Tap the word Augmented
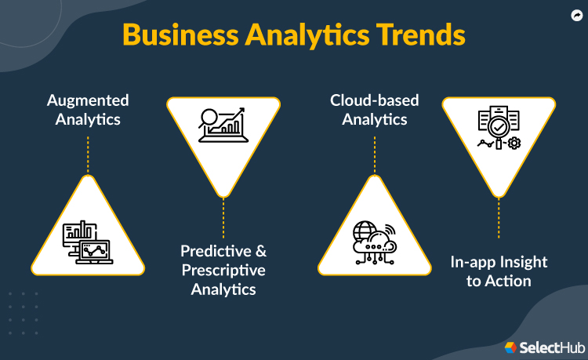[88, 100]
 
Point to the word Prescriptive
[223, 271]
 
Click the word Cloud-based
[374, 100]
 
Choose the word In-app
[473, 262]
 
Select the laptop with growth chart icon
[223, 126]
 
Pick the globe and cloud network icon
[374, 239]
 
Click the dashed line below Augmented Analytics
[88, 154]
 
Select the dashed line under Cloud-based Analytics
[374, 154]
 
